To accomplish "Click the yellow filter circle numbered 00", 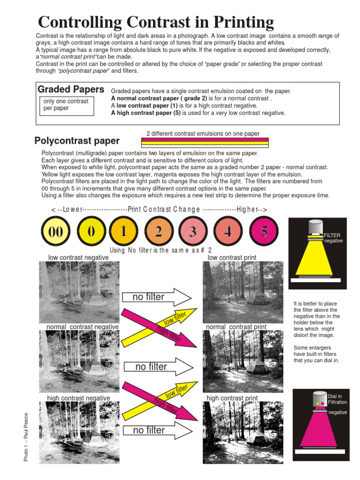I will pyautogui.click(x=56, y=231).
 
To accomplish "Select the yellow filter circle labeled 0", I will pyautogui.click(x=91, y=231).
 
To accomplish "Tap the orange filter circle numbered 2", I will pyautogui.click(x=159, y=231).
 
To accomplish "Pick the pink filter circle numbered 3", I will pyautogui.click(x=193, y=231).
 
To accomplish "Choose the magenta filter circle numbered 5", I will pyautogui.click(x=264, y=231).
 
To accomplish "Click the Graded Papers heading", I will pyautogui.click(x=71, y=90).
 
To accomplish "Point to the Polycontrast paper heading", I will pyautogui.click(x=77, y=141).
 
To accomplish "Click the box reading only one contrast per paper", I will pyautogui.click(x=66, y=105).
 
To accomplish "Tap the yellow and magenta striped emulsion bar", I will pyautogui.click(x=204, y=142).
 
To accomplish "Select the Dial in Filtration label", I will pyautogui.click(x=337, y=399).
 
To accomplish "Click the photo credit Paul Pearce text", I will pyautogui.click(x=26, y=436).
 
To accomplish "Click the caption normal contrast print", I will pyautogui.click(x=236, y=327).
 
